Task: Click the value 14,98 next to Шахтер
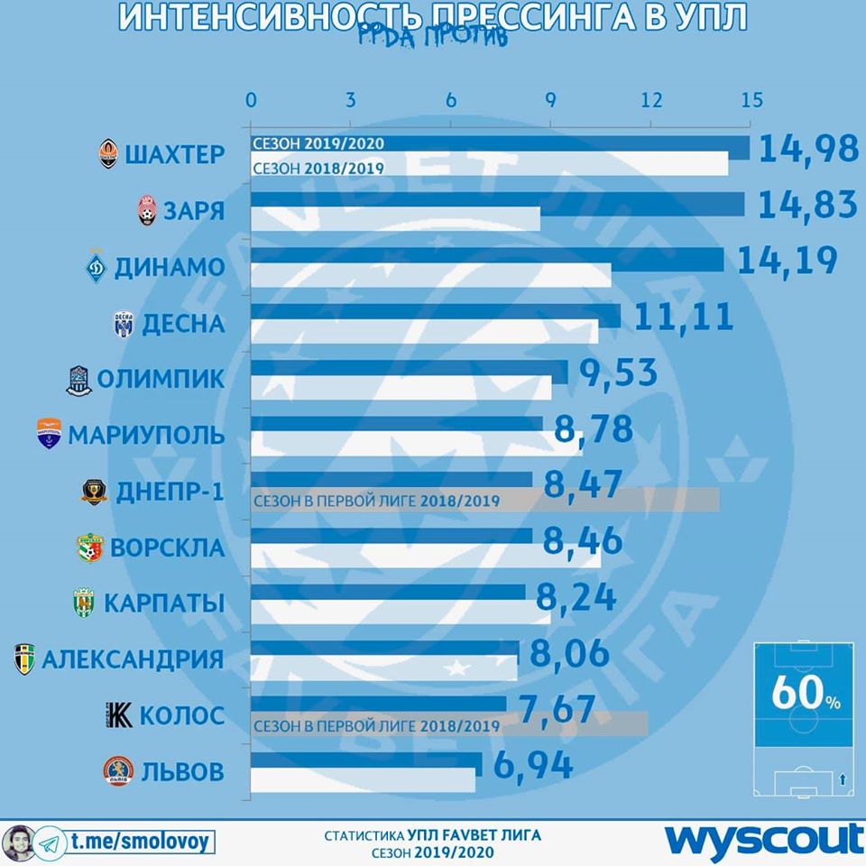point(808,149)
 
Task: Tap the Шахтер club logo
point(109,155)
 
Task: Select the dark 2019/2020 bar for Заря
point(496,204)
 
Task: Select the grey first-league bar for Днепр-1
point(631,500)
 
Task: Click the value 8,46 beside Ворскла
point(583,541)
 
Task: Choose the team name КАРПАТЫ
point(164,603)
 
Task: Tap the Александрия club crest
point(24,659)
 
